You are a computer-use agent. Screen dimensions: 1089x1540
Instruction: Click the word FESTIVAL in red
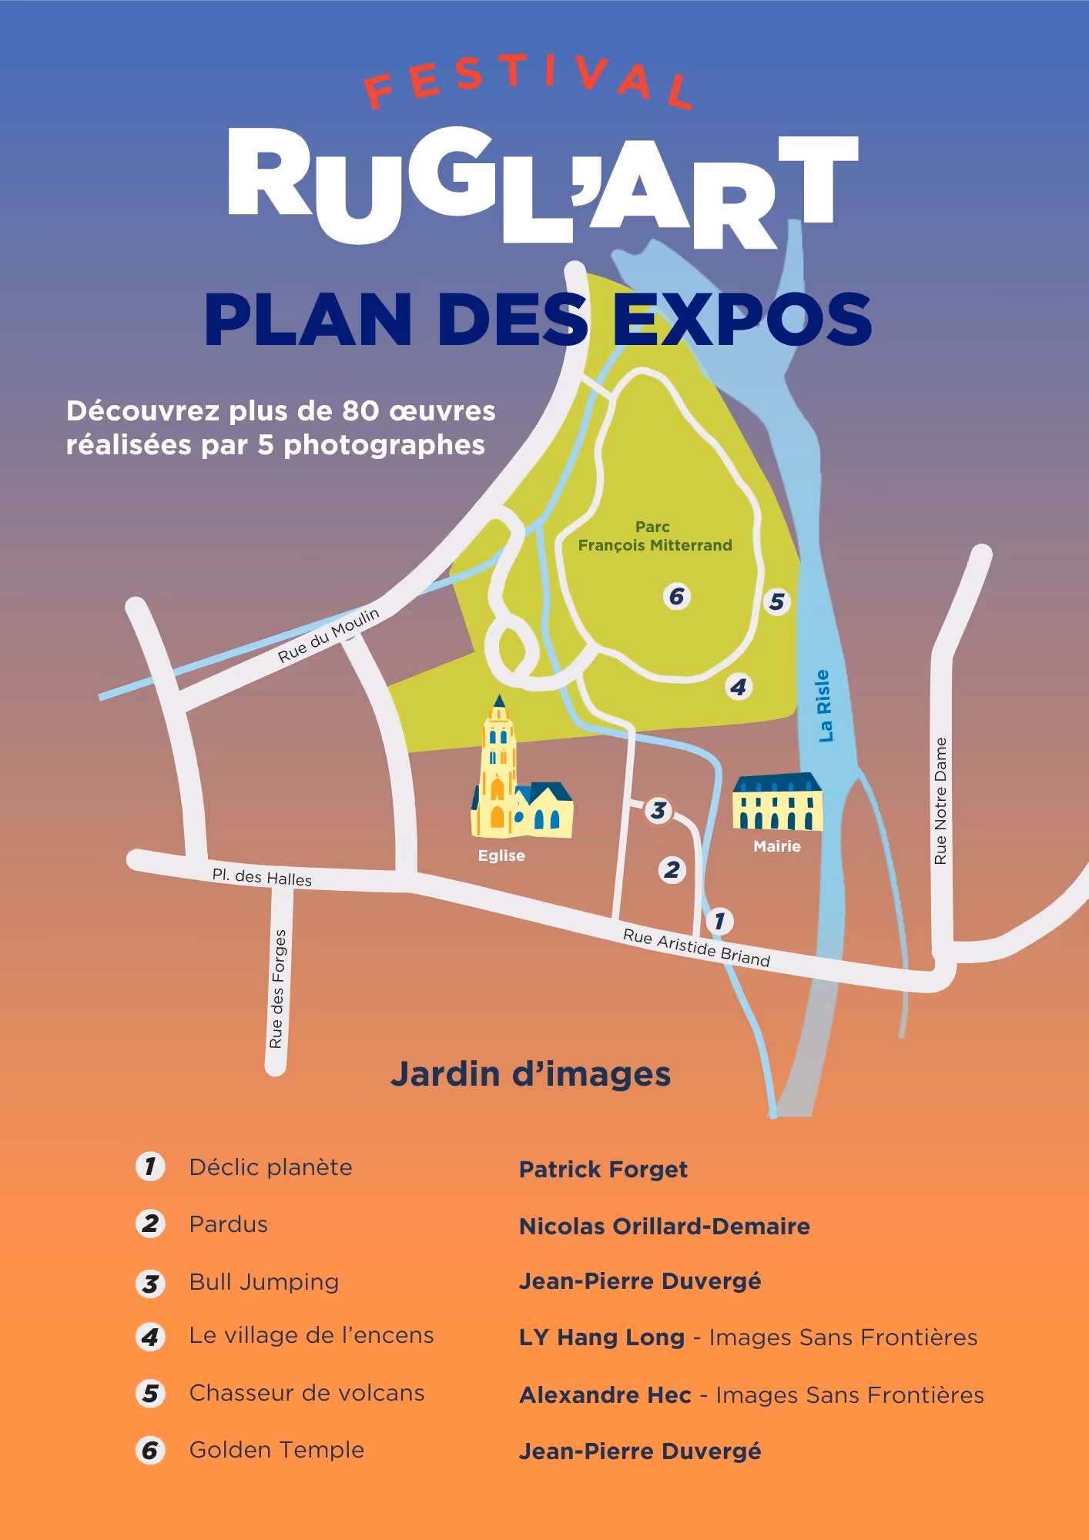528,81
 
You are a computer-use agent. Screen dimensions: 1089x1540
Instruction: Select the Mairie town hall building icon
777,803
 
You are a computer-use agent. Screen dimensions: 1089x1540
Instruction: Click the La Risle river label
824,705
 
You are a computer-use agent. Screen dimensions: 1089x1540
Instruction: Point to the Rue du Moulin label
329,634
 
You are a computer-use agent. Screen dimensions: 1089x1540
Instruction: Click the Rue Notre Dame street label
940,801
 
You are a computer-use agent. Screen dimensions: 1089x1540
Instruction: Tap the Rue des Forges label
277,989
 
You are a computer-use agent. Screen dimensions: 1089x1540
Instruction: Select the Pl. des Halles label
262,877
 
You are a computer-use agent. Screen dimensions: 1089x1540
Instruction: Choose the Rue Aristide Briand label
696,947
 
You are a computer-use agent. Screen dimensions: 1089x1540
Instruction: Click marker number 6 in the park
676,596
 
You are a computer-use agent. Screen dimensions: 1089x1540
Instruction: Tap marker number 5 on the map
776,601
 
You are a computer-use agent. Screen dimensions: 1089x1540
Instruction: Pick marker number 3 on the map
658,810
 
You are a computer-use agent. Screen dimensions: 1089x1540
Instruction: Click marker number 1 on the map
719,920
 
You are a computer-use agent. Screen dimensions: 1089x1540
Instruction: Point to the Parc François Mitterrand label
655,536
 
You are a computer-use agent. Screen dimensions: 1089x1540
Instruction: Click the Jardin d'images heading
531,1074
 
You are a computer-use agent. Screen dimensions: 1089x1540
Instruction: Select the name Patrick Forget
603,1170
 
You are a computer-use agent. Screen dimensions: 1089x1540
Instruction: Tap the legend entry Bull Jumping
264,1282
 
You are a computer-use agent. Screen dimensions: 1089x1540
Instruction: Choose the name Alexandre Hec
605,1395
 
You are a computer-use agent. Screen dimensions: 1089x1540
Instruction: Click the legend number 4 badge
150,1337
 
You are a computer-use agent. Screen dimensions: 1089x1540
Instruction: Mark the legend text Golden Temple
276,1450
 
